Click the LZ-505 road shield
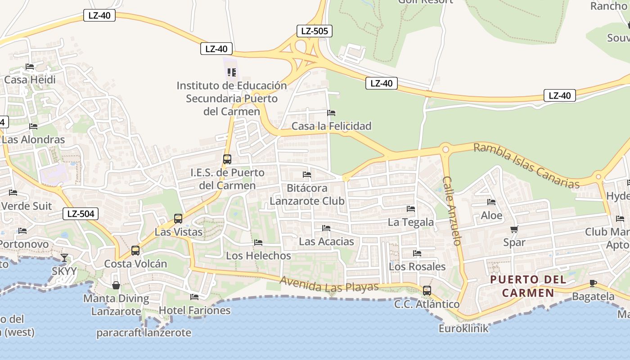pyautogui.click(x=315, y=31)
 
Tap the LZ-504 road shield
pyautogui.click(x=81, y=214)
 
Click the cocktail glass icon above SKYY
pyautogui.click(x=64, y=258)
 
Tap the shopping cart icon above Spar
pyautogui.click(x=514, y=229)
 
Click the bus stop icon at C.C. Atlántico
pyautogui.click(x=427, y=291)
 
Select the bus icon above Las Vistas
pyautogui.click(x=178, y=219)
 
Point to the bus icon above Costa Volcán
pyautogui.click(x=135, y=251)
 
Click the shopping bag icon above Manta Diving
pyautogui.click(x=116, y=285)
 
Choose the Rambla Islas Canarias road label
pyautogui.click(x=526, y=166)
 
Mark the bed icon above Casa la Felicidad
pyautogui.click(x=332, y=112)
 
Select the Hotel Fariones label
pyautogui.click(x=194, y=310)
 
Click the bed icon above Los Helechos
pyautogui.click(x=258, y=243)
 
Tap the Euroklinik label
pyautogui.click(x=463, y=328)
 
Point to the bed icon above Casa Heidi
pyautogui.click(x=30, y=67)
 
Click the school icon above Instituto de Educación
pyautogui.click(x=232, y=72)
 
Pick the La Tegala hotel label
pyautogui.click(x=411, y=222)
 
